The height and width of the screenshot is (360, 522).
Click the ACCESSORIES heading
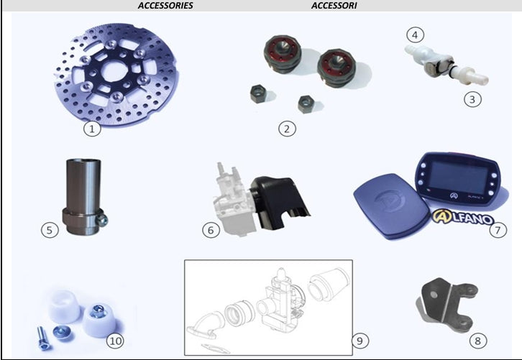pos(165,6)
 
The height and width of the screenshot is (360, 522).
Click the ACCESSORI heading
pos(334,6)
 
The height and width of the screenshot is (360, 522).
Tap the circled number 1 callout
pos(92,129)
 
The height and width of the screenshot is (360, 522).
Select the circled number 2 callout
pos(287,129)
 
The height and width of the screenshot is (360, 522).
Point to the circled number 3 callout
pos(472,99)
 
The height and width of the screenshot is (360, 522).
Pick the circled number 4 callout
pos(415,34)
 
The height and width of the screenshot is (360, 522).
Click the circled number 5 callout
pos(50,230)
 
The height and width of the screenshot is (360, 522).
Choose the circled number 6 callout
pos(211,230)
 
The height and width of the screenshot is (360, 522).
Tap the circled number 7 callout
pos(498,230)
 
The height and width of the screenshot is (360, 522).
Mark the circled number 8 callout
pos(478,341)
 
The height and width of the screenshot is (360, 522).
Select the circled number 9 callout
pos(360,341)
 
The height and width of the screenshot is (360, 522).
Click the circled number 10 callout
pos(115,341)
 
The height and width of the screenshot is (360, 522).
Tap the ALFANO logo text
pos(463,217)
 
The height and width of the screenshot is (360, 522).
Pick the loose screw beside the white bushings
pos(42,338)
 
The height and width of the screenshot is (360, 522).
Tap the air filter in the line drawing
pos(329,284)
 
